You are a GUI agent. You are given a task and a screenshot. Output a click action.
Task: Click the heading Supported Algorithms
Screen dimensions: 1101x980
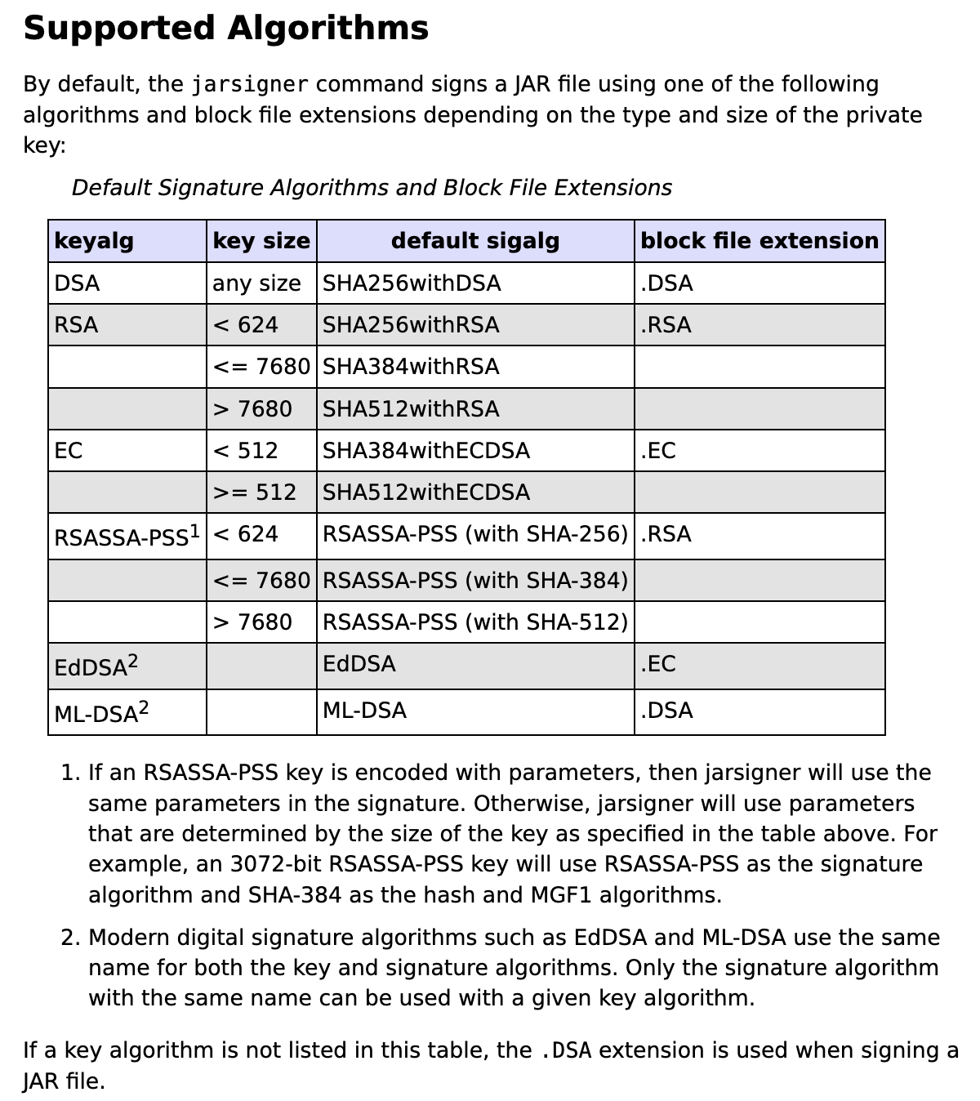(225, 29)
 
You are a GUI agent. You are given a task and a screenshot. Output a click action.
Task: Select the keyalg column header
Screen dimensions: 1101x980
(94, 241)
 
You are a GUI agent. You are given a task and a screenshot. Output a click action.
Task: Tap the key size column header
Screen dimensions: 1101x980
(261, 241)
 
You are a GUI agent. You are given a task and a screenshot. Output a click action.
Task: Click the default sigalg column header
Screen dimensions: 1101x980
(475, 241)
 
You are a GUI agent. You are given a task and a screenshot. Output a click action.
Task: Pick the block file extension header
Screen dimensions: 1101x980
(759, 241)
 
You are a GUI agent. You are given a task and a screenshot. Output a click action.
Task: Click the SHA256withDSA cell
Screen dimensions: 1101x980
(412, 283)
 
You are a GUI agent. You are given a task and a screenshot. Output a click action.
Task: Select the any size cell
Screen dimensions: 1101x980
(256, 283)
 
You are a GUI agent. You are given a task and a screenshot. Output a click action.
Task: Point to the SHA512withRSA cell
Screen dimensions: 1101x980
(411, 408)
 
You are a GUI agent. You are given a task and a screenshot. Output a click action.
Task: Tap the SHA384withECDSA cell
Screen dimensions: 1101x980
(426, 451)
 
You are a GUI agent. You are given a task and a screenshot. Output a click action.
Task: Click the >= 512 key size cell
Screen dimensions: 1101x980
(255, 493)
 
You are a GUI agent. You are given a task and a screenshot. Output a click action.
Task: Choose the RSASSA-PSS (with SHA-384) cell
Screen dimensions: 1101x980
(475, 581)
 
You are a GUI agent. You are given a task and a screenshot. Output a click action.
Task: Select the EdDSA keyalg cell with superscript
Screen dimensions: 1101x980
(96, 666)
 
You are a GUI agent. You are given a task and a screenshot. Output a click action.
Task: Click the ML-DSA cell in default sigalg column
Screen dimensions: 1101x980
(364, 711)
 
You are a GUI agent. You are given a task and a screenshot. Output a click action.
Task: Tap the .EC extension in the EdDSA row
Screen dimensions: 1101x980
(658, 664)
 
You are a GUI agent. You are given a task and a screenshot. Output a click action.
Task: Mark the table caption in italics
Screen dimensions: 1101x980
(372, 188)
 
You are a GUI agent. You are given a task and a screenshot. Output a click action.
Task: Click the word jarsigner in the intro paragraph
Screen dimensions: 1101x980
(250, 85)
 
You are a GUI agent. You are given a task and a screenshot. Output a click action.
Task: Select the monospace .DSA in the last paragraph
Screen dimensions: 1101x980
(566, 1051)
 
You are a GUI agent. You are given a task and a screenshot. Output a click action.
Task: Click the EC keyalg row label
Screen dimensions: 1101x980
(69, 451)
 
